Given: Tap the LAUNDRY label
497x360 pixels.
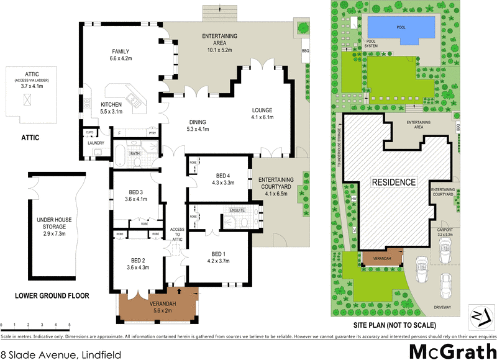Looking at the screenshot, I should [x=96, y=143].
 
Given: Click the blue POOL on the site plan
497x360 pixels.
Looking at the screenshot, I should [x=400, y=29].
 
